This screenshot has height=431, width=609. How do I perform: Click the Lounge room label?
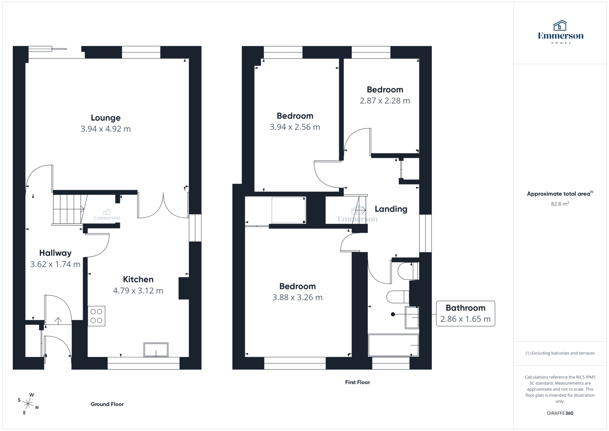106,118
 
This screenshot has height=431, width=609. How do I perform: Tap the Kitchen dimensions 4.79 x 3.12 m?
138,291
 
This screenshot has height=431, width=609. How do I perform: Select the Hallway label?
55,253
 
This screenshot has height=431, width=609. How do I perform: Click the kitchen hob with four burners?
96,316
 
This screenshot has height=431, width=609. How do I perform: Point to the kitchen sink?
156,349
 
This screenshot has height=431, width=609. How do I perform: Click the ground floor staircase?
69,209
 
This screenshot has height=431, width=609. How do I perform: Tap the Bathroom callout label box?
465,314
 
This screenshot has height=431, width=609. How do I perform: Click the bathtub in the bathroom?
393,345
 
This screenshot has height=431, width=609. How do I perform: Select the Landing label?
391,209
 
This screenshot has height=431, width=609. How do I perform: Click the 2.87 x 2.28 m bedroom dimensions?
385,101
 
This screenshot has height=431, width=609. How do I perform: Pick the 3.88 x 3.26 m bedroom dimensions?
297,297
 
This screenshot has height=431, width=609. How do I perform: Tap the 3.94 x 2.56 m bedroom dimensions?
295,127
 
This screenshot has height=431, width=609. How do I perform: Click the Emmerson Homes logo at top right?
561,32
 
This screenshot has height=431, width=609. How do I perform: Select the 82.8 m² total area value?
560,204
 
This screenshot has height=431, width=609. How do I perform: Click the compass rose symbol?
28,404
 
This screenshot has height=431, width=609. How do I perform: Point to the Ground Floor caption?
107,404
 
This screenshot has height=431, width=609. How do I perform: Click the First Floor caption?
357,383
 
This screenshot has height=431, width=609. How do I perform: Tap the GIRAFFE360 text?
560,413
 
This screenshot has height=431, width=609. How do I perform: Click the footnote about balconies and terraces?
560,353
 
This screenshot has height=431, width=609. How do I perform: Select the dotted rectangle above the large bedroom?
288,210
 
